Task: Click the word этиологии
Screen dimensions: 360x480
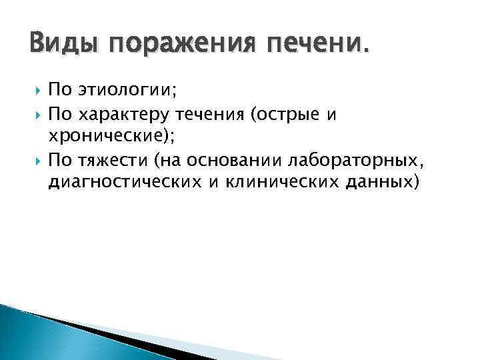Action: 127,93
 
